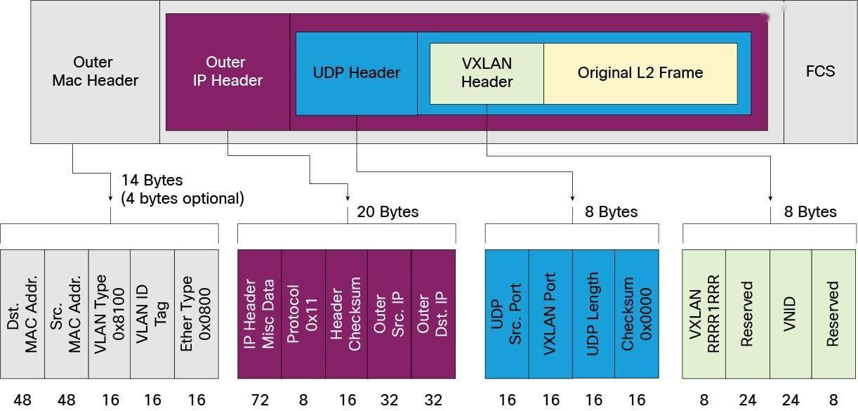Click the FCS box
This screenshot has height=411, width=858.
pos(820,71)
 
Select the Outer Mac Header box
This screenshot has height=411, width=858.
pos(95,71)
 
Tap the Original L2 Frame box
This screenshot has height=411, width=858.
pos(640,73)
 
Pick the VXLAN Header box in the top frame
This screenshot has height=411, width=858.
pos(487,73)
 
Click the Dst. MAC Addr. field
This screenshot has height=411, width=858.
pos(22,314)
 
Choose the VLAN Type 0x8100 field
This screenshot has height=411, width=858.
pos(110,314)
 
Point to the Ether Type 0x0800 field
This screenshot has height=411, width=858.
pos(196,314)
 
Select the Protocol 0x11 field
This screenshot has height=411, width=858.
pos(303,314)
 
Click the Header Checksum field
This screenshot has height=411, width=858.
pos(346,314)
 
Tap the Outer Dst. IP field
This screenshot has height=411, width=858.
pos(433,314)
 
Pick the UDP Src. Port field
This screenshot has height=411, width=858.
pos(507,314)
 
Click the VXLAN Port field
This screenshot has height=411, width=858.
pos(550,314)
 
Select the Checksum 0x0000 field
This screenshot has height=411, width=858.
pos(637,314)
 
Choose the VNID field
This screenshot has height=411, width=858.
pos(791,314)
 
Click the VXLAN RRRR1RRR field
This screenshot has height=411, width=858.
pos(704,314)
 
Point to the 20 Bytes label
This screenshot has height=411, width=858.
pos(388,211)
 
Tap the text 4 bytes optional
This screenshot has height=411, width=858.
pos(183,199)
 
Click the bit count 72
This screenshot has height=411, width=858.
pos(260,400)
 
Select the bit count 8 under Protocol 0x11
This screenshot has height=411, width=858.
pos(303,400)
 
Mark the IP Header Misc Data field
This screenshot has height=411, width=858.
pos(260,314)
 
